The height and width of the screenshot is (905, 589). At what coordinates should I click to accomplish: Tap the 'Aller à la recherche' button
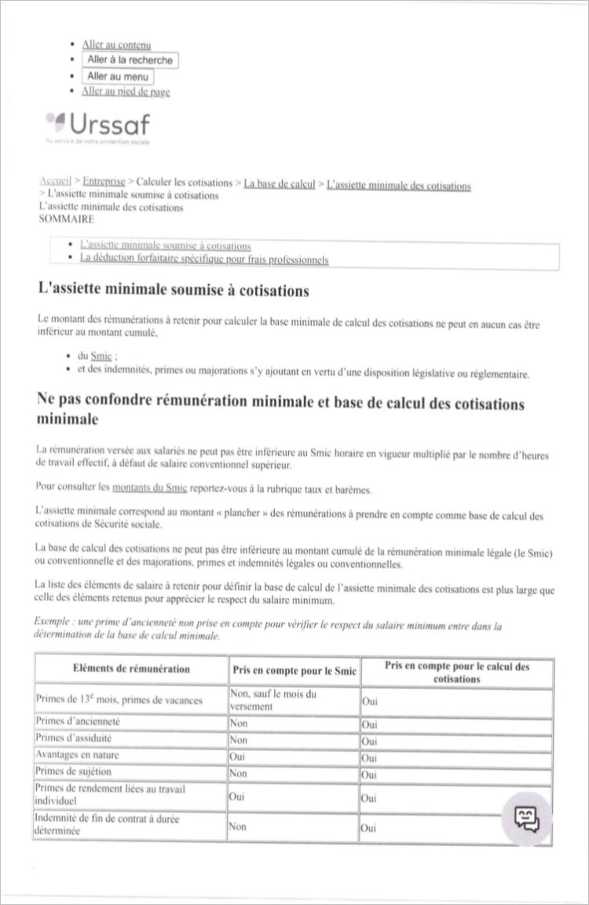[x=130, y=60]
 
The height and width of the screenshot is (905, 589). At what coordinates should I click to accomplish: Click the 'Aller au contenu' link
[x=116, y=45]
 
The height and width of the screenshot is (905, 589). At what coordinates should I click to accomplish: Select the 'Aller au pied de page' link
[x=126, y=91]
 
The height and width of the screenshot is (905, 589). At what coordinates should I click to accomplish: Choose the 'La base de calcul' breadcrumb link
[x=279, y=185]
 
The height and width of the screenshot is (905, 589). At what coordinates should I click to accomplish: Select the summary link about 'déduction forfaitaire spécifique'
[x=204, y=259]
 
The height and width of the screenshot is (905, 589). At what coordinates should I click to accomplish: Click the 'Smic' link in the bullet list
[x=101, y=356]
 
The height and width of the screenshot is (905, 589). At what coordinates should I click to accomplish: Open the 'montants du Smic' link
[x=149, y=488]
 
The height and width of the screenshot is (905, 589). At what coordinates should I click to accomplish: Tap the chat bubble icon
[x=526, y=819]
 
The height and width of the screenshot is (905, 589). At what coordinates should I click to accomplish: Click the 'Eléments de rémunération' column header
[x=130, y=669]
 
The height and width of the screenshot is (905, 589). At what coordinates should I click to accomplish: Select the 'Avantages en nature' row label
[x=78, y=755]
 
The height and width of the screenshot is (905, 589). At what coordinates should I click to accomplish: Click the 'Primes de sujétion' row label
[x=74, y=771]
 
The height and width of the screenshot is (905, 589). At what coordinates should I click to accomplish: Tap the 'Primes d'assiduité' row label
[x=74, y=738]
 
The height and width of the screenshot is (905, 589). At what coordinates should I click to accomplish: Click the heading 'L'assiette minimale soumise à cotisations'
[x=174, y=291]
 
